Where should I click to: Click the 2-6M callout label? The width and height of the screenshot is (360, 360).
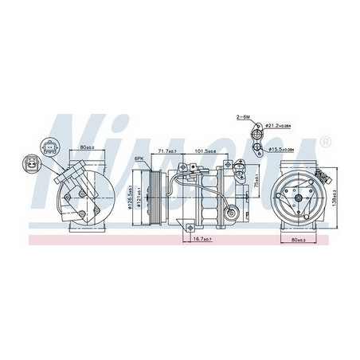243,117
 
